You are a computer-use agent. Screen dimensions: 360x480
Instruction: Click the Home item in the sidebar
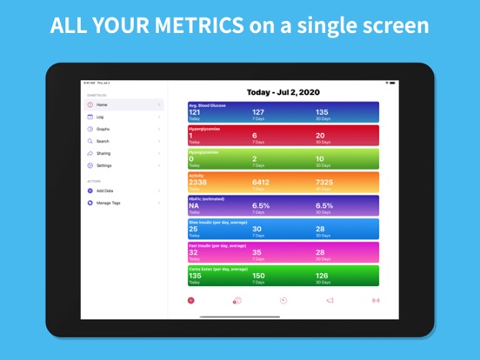point(103,104)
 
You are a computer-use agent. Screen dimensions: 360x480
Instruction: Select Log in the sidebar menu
point(101,117)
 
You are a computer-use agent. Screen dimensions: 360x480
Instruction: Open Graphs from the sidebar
point(103,129)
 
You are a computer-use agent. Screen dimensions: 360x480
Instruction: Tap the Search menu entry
point(103,141)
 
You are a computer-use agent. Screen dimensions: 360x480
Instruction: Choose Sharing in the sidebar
point(103,153)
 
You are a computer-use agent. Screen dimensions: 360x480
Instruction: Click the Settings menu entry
point(104,165)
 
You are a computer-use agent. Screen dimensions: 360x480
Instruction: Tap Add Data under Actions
point(105,190)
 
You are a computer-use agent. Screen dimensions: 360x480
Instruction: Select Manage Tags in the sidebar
point(109,203)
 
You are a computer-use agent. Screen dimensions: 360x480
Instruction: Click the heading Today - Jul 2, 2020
point(283,91)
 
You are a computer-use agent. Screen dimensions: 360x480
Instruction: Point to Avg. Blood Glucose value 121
point(195,112)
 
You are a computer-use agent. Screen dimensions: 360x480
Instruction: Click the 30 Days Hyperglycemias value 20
point(321,136)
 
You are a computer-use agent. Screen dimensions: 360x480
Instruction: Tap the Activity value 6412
point(261,183)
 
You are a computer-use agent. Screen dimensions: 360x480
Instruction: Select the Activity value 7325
point(323,183)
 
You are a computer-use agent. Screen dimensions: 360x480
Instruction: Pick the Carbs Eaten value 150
point(259,277)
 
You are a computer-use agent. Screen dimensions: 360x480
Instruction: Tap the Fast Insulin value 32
point(194,253)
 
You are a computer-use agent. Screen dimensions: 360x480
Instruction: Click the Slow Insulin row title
point(218,222)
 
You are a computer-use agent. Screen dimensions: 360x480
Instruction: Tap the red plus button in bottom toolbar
point(191,300)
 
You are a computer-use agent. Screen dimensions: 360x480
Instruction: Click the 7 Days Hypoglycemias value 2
point(255,159)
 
